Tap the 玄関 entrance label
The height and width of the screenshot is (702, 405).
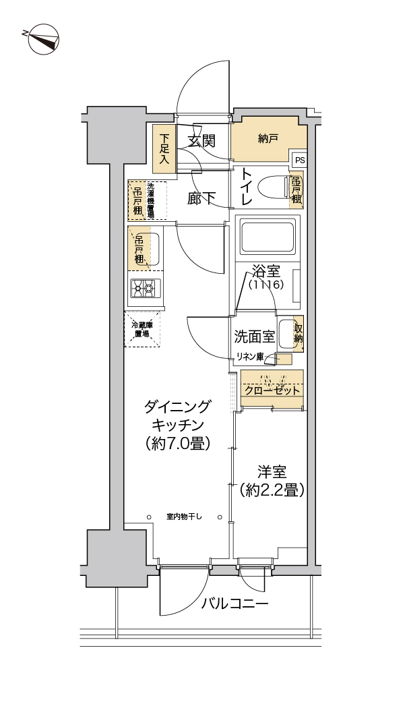[x=201, y=141]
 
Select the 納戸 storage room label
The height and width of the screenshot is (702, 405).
[x=268, y=139]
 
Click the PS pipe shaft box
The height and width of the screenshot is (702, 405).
[x=299, y=160]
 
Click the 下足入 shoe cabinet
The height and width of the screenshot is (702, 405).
[x=164, y=149]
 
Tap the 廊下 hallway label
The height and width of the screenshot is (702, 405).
[x=201, y=198]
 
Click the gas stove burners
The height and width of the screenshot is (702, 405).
[x=143, y=288]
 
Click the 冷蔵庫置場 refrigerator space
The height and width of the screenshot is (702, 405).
[x=142, y=329]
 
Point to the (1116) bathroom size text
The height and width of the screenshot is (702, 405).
[x=266, y=285]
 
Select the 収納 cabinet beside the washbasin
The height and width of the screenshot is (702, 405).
[x=297, y=333]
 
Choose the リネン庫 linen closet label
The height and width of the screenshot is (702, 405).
[x=249, y=356]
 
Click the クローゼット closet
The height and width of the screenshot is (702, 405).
[x=272, y=389]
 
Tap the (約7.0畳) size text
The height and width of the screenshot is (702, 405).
[x=177, y=443]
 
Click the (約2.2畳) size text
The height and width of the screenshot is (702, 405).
[x=273, y=490]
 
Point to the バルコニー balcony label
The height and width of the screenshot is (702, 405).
[x=235, y=603]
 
